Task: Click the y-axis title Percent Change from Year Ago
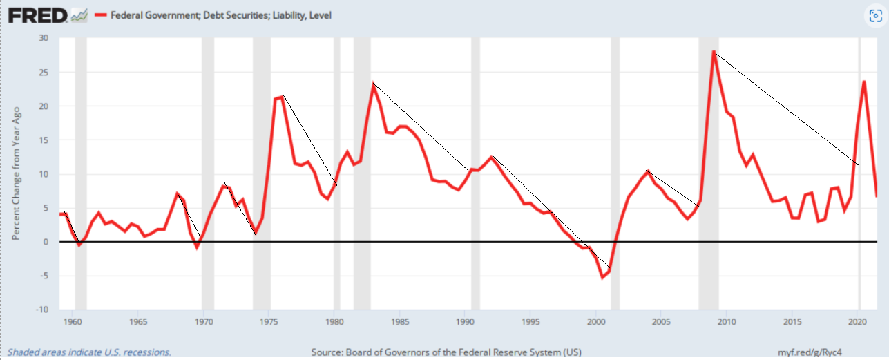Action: tap(15, 173)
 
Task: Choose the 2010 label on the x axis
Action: tap(726, 322)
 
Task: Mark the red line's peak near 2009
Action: tap(714, 52)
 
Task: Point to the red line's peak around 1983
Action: tap(373, 85)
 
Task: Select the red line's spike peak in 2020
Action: tap(864, 82)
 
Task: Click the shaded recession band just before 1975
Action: tap(262, 173)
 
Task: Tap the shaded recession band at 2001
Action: tap(615, 173)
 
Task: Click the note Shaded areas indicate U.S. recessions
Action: tap(89, 352)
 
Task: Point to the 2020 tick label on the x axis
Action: tap(857, 322)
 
